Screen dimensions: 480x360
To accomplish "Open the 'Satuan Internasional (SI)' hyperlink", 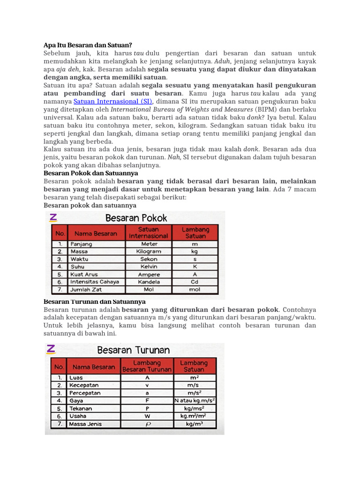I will point(113,101).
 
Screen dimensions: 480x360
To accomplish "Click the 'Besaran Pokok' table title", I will point(136,218).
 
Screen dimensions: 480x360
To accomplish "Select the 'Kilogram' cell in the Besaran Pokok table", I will point(149,251).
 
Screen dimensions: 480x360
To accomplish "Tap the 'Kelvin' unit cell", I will point(149,267).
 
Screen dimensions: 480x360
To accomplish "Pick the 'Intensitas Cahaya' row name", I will point(94,282).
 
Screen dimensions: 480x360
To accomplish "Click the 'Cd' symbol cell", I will point(195,282).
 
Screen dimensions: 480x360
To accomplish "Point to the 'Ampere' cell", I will point(149,274).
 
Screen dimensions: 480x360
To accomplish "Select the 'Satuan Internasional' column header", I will point(149,232).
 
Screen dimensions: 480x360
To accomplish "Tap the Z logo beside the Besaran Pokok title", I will point(53,217).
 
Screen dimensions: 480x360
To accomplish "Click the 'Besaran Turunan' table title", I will point(134,350).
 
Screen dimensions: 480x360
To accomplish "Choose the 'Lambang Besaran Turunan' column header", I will point(147,366).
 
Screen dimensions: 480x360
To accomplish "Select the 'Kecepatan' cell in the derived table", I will point(84,385).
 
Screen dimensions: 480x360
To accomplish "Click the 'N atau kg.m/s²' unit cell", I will point(195,400).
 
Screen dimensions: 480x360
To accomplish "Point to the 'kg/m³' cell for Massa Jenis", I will point(195,424).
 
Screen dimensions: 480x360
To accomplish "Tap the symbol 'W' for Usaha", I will point(147,416).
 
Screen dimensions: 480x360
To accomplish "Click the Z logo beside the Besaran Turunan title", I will point(51,349).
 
